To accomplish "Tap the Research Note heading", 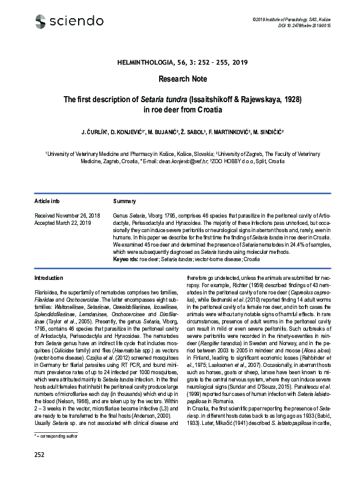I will click(182, 79).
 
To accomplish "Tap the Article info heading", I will click(47, 200).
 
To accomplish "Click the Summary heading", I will click(123, 200).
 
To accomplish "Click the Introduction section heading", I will click(50, 277).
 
